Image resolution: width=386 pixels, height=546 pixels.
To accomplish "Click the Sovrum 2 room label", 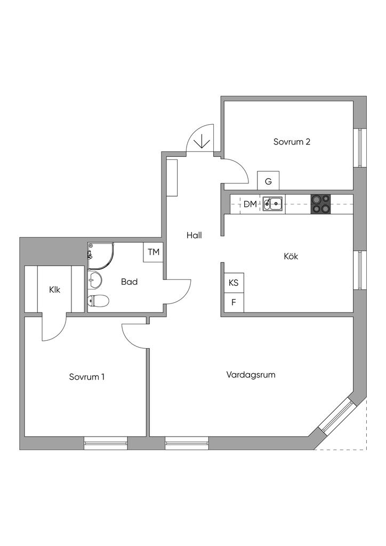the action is [x=292, y=142].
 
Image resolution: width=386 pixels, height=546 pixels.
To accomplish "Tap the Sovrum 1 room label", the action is [x=86, y=377].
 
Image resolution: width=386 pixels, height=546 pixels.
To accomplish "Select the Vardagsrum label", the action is [x=251, y=375].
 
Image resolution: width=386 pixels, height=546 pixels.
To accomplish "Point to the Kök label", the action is [x=291, y=256].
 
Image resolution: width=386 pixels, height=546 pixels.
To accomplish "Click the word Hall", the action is [x=194, y=235].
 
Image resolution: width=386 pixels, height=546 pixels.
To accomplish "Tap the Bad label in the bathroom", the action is [x=129, y=282].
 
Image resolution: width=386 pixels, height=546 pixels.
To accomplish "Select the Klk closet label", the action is [x=54, y=290].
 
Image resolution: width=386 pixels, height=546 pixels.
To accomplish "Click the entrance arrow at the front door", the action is [x=202, y=142].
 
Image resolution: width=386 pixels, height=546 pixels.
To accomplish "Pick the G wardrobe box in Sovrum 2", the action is [x=268, y=181].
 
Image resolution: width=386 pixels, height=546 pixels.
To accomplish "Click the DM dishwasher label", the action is [x=250, y=204].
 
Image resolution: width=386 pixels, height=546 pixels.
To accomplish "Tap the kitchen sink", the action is [x=274, y=204].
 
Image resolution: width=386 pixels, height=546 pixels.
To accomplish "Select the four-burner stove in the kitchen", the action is [x=320, y=204].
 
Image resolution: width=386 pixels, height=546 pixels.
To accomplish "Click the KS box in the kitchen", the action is [x=233, y=283].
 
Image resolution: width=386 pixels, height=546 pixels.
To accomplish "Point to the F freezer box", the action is [x=233, y=302].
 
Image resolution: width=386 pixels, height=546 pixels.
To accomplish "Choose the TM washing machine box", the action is [x=154, y=252].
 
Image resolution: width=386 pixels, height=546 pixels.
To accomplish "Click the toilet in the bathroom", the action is [x=98, y=301].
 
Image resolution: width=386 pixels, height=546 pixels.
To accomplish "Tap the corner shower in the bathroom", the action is [x=101, y=255].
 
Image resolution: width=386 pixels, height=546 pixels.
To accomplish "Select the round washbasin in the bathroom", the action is [x=95, y=278].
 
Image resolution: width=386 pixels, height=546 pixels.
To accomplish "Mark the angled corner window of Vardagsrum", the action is [x=336, y=416].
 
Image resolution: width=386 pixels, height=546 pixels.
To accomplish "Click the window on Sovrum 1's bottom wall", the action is [x=106, y=443].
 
